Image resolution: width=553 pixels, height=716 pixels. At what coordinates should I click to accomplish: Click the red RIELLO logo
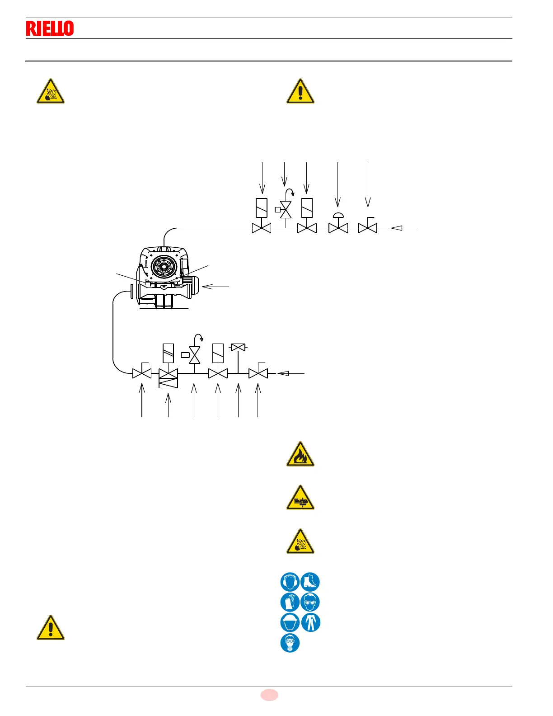[x=50, y=28]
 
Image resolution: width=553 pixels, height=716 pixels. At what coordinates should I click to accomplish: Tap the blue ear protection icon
[x=290, y=582]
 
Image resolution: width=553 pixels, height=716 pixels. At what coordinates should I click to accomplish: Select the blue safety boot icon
[x=310, y=582]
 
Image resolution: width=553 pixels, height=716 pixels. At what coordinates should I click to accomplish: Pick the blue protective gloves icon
[x=290, y=602]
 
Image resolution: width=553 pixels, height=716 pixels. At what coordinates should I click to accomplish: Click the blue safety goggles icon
[x=310, y=602]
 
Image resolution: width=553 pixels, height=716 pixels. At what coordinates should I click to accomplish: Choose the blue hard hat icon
[x=290, y=622]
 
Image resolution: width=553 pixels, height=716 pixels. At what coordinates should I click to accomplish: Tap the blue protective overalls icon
[x=310, y=622]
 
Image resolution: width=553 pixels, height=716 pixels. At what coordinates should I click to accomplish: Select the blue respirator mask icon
[x=290, y=643]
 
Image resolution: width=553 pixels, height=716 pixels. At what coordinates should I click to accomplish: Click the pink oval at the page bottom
[x=269, y=695]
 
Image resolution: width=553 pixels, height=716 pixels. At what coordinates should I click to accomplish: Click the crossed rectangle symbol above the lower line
[x=238, y=347]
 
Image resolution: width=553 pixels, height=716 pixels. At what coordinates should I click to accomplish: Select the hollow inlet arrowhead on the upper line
[x=396, y=228]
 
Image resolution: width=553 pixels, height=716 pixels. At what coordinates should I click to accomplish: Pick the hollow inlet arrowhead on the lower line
[x=283, y=373]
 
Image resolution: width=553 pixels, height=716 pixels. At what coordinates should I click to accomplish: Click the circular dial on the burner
[x=164, y=267]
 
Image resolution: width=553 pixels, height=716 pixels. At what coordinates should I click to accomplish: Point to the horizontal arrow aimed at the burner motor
[x=216, y=287]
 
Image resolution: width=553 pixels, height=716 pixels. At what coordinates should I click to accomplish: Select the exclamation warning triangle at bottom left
[x=51, y=628]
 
